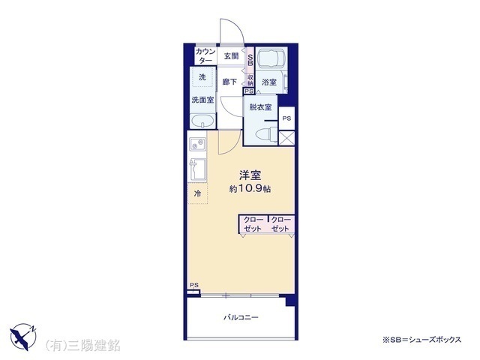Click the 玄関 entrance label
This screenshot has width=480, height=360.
pos(230,56)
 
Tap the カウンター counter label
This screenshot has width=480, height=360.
pos(205,56)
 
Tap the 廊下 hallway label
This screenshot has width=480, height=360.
pos(229,82)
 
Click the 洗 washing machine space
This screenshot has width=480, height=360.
pos(202,77)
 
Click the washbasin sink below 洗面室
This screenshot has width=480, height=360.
pos(202,122)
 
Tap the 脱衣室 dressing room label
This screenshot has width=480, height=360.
pos(261,107)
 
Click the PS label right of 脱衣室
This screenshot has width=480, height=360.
pos(286,118)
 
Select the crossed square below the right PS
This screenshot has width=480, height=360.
pos(286,138)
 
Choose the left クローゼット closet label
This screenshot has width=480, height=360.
pos(253,224)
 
